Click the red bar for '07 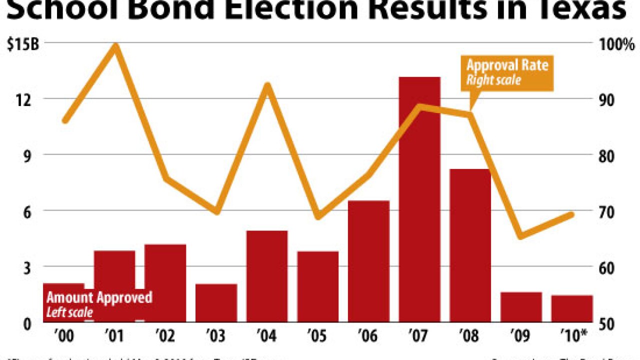pyautogui.click(x=419, y=200)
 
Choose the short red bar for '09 pyautogui.click(x=521, y=307)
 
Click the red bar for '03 pyautogui.click(x=216, y=303)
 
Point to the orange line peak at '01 pyautogui.click(x=115, y=47)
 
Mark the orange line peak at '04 pyautogui.click(x=267, y=86)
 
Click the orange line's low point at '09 pyautogui.click(x=521, y=235)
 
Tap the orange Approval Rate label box pyautogui.click(x=507, y=72)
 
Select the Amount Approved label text pyautogui.click(x=99, y=298)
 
